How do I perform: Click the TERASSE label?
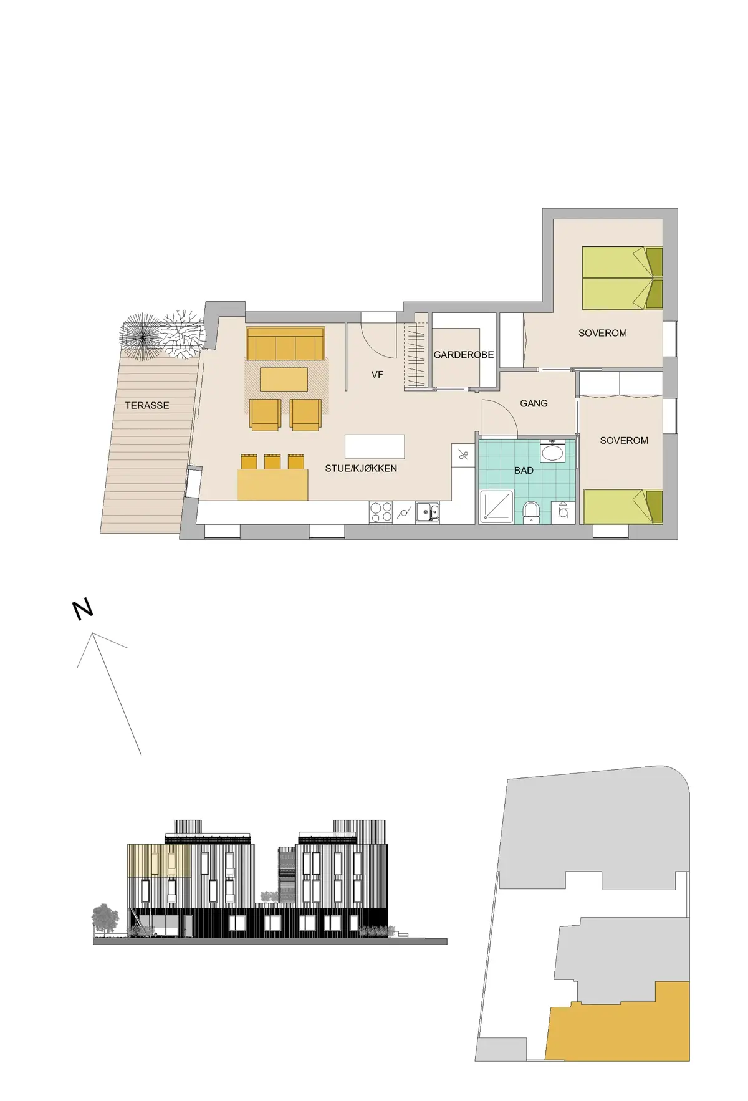147,405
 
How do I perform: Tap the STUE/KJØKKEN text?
361,468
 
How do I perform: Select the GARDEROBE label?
463,355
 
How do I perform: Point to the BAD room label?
524,471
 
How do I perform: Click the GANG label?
534,403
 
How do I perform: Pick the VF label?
377,375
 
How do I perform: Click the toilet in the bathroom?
531,512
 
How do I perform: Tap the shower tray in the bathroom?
496,506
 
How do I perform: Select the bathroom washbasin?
552,452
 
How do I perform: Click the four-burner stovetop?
381,512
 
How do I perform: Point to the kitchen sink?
428,512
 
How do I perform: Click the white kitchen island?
375,446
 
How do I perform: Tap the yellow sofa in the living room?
285,345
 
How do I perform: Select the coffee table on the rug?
284,379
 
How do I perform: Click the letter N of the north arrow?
83,609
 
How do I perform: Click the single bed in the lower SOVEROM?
622,507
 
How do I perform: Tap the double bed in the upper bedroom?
621,278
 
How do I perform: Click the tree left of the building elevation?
105,918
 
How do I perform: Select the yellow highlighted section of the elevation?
159,861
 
